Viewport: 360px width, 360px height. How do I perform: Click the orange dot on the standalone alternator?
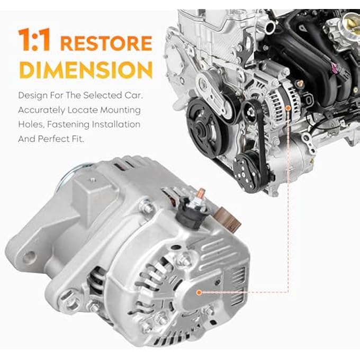click(200, 292)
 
